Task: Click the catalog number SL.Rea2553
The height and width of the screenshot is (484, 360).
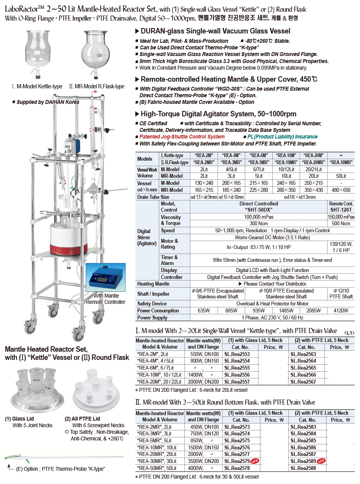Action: point(237,354)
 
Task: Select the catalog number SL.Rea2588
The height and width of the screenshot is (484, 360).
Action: point(303,468)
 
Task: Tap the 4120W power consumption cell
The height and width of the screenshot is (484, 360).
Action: point(341,310)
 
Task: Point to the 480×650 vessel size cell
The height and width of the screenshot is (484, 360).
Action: point(341,190)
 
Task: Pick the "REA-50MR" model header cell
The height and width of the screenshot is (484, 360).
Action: point(341,162)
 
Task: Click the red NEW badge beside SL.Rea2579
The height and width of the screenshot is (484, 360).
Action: point(255,461)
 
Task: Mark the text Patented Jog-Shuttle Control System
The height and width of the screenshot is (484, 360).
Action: point(182,137)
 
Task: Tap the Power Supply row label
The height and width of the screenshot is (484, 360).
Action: point(152,317)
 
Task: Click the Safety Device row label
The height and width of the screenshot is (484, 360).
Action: point(152,303)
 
